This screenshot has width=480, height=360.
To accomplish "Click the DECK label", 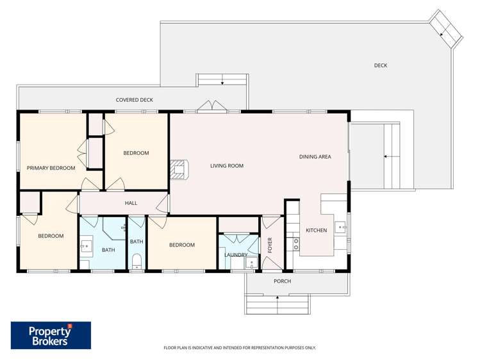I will point(380,65).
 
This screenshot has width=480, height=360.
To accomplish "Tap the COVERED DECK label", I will point(134,100).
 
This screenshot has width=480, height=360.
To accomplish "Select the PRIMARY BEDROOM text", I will point(51,168).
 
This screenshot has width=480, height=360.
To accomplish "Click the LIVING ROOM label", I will point(227,166).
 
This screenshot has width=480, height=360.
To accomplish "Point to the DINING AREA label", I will point(315,157).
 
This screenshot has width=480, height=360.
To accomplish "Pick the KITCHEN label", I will point(316,231).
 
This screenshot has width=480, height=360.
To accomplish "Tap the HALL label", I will point(131,203).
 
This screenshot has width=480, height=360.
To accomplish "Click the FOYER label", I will point(270,245).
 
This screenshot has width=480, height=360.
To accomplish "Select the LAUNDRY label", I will point(235,255).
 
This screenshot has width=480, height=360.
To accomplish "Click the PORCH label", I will point(282,281).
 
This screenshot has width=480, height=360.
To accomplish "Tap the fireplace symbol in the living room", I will point(179,169).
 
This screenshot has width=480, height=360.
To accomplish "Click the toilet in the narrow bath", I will point(136,259).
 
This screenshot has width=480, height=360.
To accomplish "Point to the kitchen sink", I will point(341,225).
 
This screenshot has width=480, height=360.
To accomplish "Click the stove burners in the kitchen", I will point(295,243).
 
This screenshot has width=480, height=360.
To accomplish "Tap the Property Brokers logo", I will point(51,335).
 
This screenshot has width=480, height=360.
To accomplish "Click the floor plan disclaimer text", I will point(240,348).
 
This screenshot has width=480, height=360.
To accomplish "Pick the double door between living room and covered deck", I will point(211,107).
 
